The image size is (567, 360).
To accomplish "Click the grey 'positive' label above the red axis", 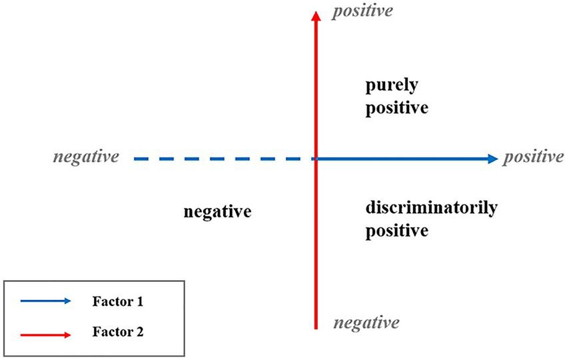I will [x=363, y=11].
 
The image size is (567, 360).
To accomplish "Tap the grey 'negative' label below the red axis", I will [x=366, y=323].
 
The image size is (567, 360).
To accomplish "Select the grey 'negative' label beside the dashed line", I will [x=86, y=157].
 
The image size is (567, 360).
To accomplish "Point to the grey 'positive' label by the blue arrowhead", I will [x=533, y=157].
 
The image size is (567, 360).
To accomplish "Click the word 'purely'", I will [x=387, y=87].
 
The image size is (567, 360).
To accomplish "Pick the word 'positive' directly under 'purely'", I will [x=396, y=108].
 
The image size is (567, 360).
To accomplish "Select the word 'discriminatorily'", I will [x=431, y=209].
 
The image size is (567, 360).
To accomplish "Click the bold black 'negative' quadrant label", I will [x=218, y=212].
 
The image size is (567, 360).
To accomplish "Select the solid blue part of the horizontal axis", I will [x=400, y=159].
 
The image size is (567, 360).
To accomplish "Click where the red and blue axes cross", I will [x=315, y=159].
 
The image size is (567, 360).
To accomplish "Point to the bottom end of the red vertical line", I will [x=315, y=328].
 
